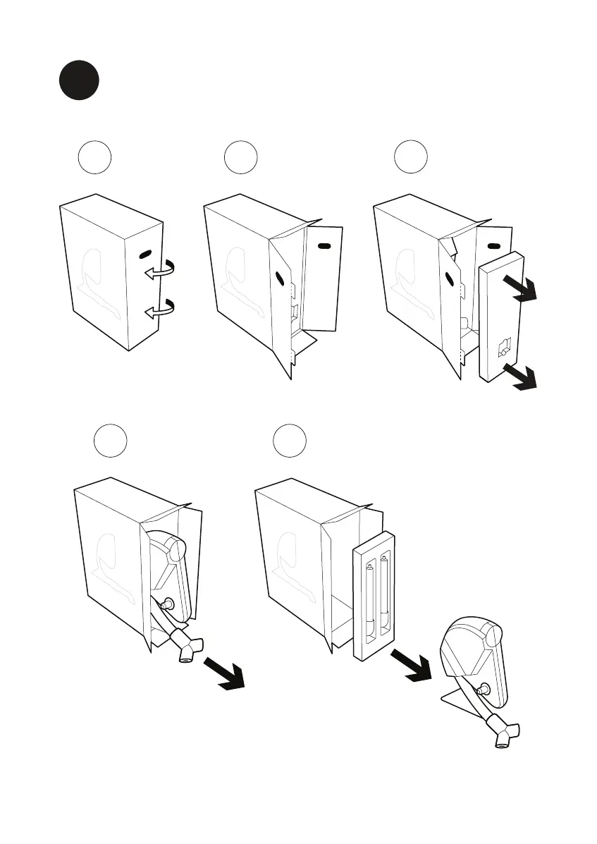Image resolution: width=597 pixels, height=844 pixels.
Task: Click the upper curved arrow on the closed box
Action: tap(161, 271)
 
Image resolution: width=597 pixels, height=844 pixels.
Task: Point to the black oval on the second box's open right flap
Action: tap(324, 245)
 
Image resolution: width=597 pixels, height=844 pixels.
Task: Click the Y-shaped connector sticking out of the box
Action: tap(187, 644)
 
